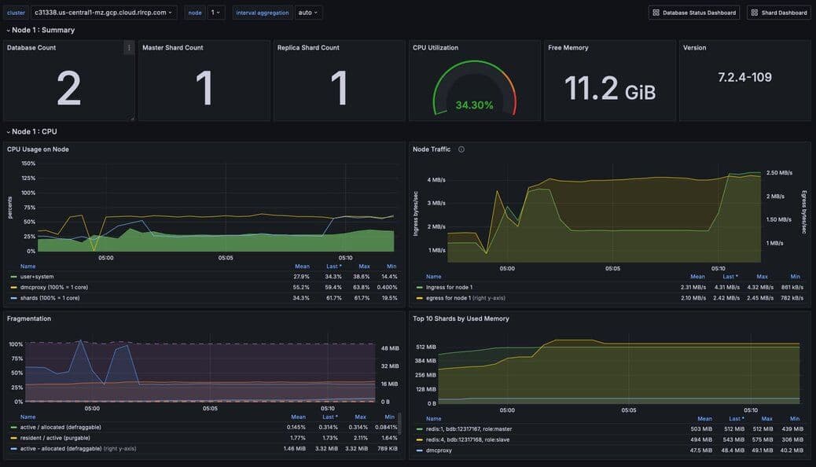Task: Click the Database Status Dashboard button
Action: click(x=694, y=13)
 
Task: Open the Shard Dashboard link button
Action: click(x=778, y=13)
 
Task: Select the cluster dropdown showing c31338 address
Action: click(x=103, y=13)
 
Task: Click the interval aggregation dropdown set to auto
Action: click(x=309, y=13)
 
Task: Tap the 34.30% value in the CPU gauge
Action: click(x=474, y=105)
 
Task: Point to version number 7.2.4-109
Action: click(x=744, y=77)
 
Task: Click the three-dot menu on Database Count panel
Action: click(x=129, y=48)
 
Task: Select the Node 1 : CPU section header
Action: click(x=34, y=131)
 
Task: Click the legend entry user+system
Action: click(x=37, y=277)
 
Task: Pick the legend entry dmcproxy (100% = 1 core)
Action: click(x=50, y=287)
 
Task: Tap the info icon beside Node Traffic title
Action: click(x=461, y=149)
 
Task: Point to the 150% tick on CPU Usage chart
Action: click(x=28, y=164)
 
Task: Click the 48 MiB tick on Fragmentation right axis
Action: click(x=389, y=347)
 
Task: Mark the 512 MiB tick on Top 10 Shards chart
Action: click(x=426, y=347)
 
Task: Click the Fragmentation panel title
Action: click(x=29, y=318)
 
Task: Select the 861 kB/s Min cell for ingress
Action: click(x=790, y=287)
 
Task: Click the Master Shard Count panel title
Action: click(x=172, y=48)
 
